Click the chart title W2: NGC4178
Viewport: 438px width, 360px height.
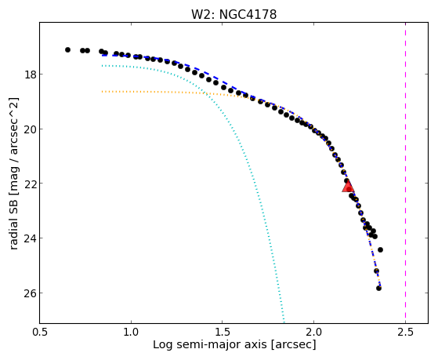(x=233, y=15)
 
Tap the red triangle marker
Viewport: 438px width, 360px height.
(x=348, y=186)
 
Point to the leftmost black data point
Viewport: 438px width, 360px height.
(x=67, y=49)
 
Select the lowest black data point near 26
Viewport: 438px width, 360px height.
(x=378, y=288)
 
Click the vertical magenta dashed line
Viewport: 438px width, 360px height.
(x=405, y=173)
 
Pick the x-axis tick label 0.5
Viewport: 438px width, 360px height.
(x=39, y=333)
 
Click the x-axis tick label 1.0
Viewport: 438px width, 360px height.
(x=131, y=333)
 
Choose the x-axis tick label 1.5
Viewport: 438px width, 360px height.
(x=222, y=333)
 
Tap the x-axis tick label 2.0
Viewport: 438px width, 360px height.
(x=313, y=333)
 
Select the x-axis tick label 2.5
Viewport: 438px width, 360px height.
(x=405, y=333)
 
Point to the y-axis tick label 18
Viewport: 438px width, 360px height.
(x=30, y=75)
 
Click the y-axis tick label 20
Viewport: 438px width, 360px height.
(x=30, y=129)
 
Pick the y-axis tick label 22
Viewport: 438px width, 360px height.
(x=30, y=184)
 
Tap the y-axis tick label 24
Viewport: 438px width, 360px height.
(x=30, y=238)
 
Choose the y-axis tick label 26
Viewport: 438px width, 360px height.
(x=30, y=293)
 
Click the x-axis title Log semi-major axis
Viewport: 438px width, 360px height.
(x=210, y=345)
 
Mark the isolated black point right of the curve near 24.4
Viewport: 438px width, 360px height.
(x=380, y=249)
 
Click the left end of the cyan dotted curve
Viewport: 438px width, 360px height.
(x=103, y=65)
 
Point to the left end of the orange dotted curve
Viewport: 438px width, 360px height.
(x=103, y=92)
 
